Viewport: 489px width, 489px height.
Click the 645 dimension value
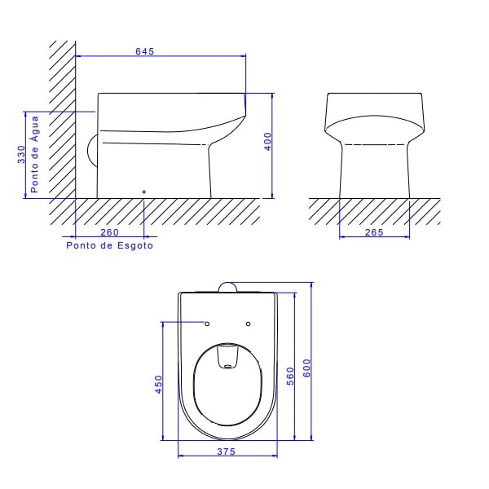point(145,51)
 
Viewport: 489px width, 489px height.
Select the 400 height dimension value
point(267,140)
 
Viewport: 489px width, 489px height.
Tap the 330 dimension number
point(20,155)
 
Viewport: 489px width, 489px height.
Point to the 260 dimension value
point(109,232)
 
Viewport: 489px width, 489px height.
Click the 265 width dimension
point(375,232)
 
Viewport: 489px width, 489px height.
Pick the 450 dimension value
point(159,382)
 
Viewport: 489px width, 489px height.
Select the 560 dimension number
point(289,375)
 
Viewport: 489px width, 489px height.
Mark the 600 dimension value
point(307,367)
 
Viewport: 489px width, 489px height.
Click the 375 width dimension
point(227,452)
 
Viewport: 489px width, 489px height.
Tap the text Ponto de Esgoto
point(109,244)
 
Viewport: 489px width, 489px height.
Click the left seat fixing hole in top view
point(206,323)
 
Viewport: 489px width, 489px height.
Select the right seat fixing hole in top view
point(248,323)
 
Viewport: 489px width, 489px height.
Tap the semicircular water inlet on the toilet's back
point(91,150)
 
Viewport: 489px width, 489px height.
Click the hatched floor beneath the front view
point(375,210)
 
